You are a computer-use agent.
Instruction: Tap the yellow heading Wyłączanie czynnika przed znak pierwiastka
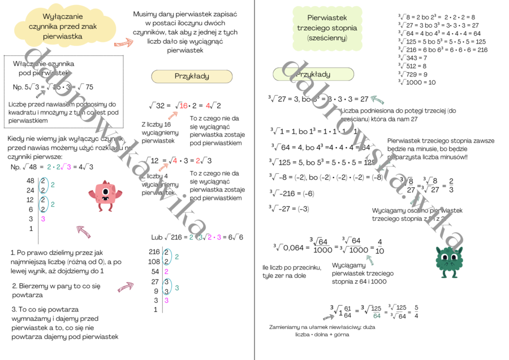[x=62, y=27]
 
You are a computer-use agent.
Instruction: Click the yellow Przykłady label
[x=192, y=76]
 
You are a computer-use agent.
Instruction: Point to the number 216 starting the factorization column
[x=154, y=251]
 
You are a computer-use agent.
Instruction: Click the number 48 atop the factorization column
[x=31, y=181]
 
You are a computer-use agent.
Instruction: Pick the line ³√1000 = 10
[x=417, y=82]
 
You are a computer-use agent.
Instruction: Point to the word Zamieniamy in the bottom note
[x=288, y=327]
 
